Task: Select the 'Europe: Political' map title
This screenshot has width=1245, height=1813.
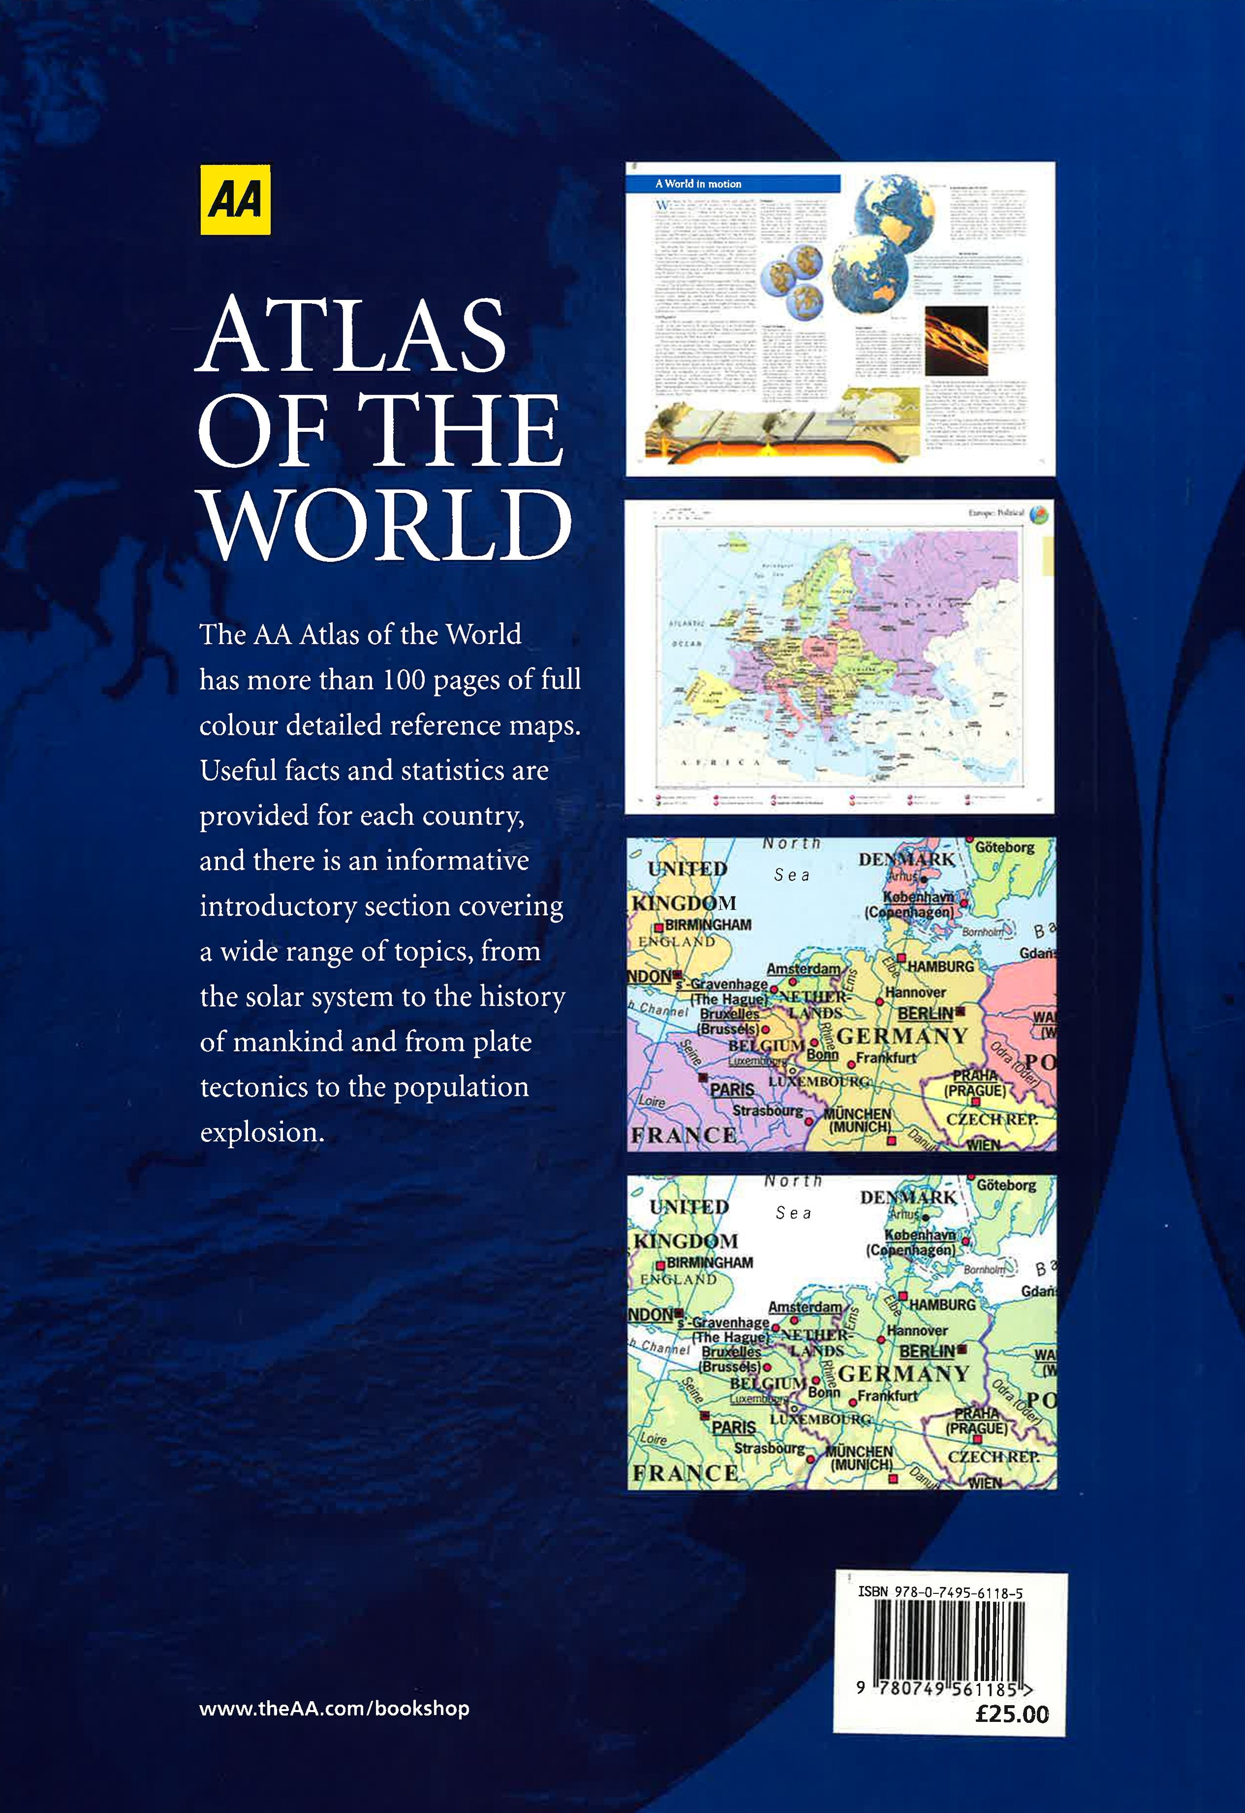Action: (x=995, y=514)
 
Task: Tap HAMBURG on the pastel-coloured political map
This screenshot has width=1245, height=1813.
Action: (x=940, y=966)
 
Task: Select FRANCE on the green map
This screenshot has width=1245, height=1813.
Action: (x=684, y=1474)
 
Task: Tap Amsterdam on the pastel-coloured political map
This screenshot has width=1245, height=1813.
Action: (x=803, y=968)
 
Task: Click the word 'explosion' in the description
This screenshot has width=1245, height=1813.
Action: (x=261, y=1132)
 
